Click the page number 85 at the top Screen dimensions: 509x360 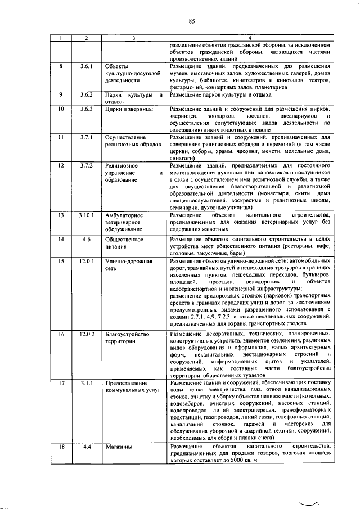(x=192, y=22)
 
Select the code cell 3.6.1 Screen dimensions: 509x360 (x=86, y=67)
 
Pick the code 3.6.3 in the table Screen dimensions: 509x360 (x=86, y=108)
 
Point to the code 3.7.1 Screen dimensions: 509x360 (x=86, y=137)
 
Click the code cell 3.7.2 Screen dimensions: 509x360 (x=86, y=166)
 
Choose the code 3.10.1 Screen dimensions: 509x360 (x=86, y=215)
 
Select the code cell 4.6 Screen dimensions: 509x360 (x=86, y=240)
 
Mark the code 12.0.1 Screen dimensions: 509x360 (x=86, y=262)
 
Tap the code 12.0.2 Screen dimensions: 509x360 (x=86, y=335)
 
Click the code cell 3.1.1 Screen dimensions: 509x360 (x=86, y=383)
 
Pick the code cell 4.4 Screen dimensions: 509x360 (x=86, y=447)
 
